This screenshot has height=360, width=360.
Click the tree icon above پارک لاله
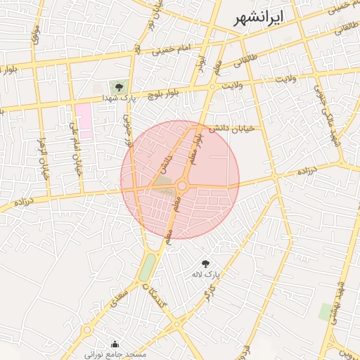click(205, 262)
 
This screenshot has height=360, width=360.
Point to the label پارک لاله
click(207, 273)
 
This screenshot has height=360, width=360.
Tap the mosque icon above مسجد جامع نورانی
click(115, 345)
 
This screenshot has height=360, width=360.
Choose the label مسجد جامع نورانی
click(115, 354)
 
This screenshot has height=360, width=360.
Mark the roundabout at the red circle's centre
click(181, 186)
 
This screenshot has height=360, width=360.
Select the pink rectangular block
click(84, 120)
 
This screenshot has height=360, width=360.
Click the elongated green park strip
click(147, 267)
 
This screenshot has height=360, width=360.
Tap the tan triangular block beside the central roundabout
click(163, 184)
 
